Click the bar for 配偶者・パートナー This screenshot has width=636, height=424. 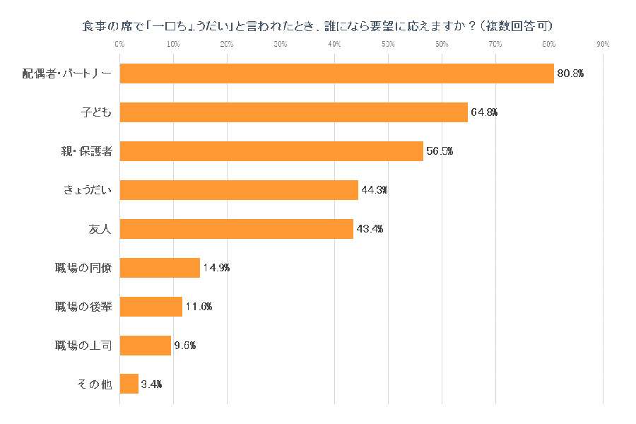336,73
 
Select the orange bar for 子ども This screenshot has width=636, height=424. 293,112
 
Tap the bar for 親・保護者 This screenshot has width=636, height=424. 271,151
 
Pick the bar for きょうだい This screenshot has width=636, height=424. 239,190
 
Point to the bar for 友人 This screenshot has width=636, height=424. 236,229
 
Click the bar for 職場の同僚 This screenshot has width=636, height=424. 160,268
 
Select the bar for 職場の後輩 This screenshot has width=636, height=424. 151,307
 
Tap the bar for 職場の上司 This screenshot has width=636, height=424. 145,346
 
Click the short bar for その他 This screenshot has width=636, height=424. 129,384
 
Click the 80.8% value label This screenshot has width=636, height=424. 570,73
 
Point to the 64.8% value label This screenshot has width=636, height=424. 483,112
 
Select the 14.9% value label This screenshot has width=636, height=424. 216,268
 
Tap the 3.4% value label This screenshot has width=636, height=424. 151,384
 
